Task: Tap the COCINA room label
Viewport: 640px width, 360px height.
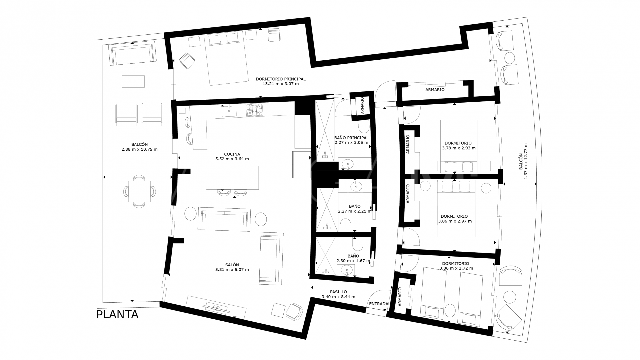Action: click(x=232, y=154)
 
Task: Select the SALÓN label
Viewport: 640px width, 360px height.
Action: click(x=232, y=265)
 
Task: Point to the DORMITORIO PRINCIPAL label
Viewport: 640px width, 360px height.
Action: click(x=281, y=79)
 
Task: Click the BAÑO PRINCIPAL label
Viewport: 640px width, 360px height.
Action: click(x=351, y=138)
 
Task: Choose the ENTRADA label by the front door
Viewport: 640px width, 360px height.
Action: click(x=379, y=304)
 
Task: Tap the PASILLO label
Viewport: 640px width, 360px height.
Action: click(x=338, y=292)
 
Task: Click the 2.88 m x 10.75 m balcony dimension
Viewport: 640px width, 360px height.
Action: click(x=139, y=149)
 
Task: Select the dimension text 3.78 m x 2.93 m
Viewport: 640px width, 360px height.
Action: click(x=459, y=148)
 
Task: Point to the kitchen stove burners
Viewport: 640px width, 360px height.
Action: click(x=255, y=110)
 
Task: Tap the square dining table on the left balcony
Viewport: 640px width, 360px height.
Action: click(x=140, y=191)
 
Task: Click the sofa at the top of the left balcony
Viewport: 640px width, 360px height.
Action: click(x=133, y=53)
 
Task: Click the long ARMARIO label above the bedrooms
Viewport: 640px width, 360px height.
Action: click(x=435, y=90)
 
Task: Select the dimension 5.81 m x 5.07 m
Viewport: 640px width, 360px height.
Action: click(x=232, y=270)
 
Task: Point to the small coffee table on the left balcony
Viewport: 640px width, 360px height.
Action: click(x=133, y=81)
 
